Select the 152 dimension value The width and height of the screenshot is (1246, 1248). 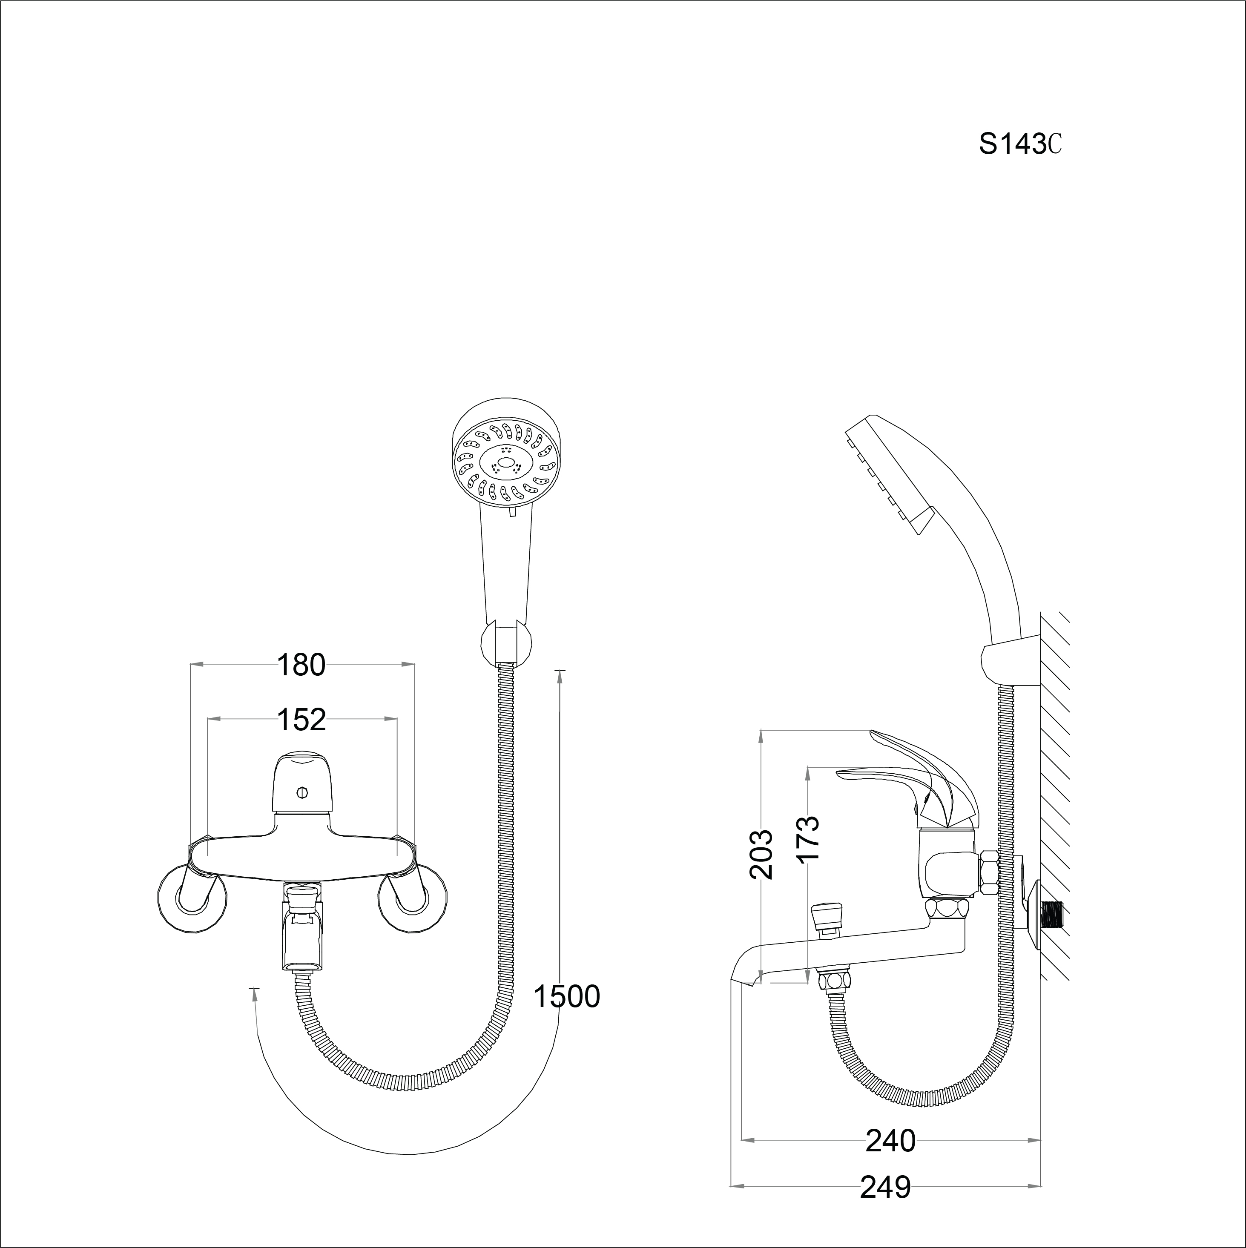pyautogui.click(x=301, y=720)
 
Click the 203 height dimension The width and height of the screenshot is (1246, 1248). pyautogui.click(x=761, y=854)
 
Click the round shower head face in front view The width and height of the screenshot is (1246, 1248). pyautogui.click(x=505, y=465)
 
